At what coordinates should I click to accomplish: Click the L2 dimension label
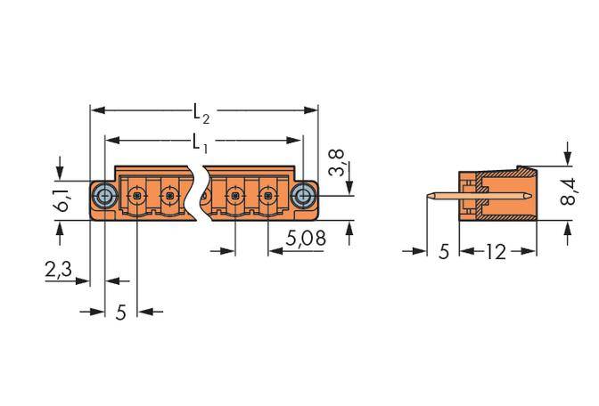(x=201, y=113)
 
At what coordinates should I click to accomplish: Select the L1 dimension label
(x=201, y=142)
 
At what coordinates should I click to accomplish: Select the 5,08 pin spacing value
(x=306, y=239)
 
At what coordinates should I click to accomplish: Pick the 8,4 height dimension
(x=568, y=192)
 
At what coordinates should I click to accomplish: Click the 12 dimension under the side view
(x=496, y=252)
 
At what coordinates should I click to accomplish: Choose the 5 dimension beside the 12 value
(x=444, y=252)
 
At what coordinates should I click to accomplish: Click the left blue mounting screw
(x=104, y=195)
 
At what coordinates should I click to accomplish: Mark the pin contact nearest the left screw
(x=137, y=194)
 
